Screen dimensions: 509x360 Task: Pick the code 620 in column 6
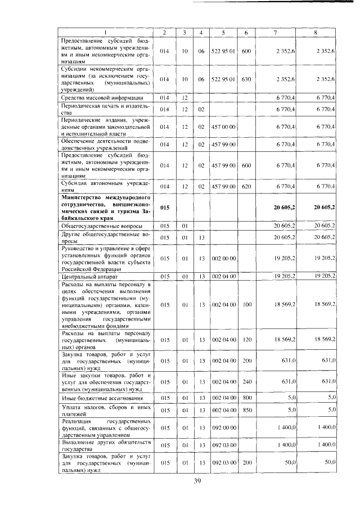(x=246, y=186)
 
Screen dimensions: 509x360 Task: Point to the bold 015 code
(x=165, y=208)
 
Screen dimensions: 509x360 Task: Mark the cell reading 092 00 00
(x=223, y=427)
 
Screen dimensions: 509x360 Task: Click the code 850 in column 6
(x=246, y=410)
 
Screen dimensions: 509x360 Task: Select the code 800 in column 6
(x=246, y=398)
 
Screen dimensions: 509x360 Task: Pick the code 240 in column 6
(x=246, y=381)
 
